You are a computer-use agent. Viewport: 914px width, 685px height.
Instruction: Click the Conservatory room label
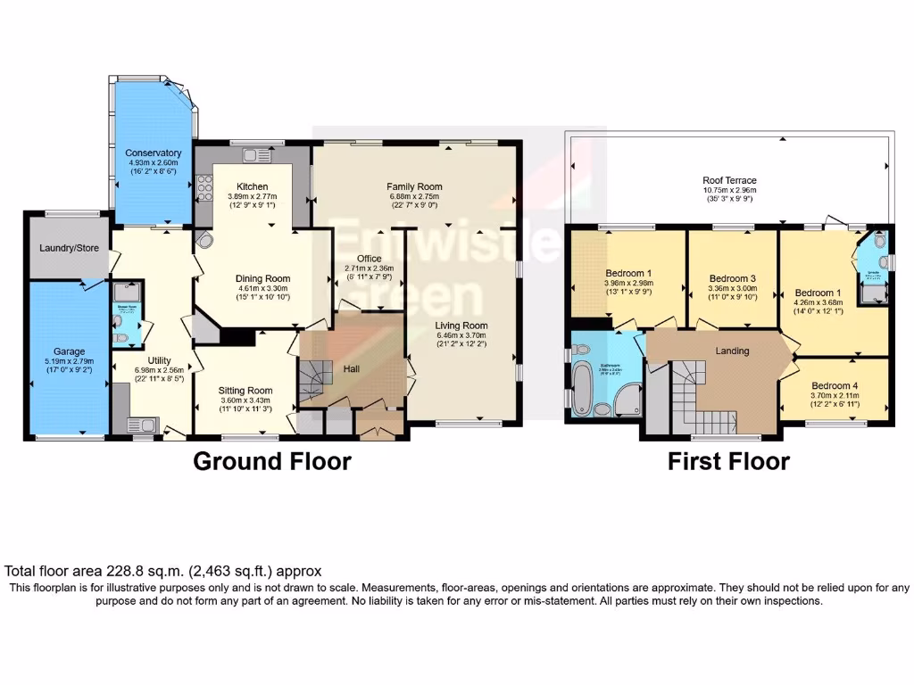coord(154,153)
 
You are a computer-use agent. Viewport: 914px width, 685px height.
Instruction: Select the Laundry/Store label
coord(68,248)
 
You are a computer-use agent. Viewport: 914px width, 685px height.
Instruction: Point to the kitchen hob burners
coord(204,188)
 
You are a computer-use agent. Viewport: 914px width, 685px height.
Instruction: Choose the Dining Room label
coord(262,278)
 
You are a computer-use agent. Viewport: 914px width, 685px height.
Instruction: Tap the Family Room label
coord(414,186)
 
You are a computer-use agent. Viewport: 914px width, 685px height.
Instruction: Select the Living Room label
coord(461,325)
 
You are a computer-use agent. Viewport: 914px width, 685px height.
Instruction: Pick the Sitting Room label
coord(245,390)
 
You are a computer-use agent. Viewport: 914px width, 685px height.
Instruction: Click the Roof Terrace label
coord(730,180)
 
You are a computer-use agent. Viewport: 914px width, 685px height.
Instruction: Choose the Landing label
coord(732,351)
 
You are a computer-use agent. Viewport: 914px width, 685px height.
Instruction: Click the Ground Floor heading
coord(272,461)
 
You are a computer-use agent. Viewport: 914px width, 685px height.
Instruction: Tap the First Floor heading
coord(728,461)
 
